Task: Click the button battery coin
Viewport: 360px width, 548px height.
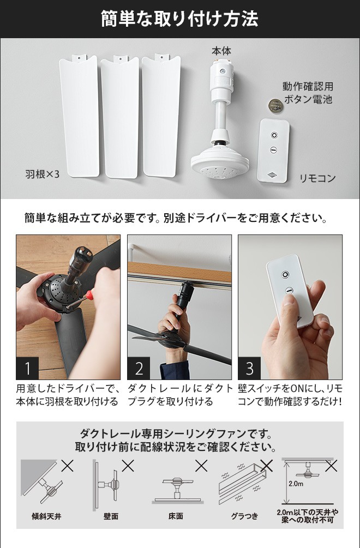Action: click(275, 106)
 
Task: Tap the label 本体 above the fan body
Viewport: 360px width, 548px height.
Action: click(221, 51)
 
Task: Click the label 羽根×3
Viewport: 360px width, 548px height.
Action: click(43, 174)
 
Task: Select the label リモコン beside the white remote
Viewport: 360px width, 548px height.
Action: click(317, 178)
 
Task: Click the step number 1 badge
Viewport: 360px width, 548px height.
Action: click(27, 369)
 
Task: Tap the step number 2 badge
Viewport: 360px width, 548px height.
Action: click(139, 369)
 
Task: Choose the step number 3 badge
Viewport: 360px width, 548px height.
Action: click(250, 369)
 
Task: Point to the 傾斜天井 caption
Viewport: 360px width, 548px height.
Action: click(46, 516)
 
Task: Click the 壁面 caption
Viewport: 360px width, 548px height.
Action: click(111, 516)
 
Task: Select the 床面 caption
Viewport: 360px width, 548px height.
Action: click(176, 516)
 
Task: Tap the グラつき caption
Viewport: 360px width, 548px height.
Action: click(244, 516)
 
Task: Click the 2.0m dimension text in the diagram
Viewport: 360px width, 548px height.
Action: click(296, 484)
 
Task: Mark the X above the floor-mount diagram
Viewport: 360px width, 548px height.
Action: click(201, 466)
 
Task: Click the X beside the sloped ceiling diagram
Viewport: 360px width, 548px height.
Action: click(68, 466)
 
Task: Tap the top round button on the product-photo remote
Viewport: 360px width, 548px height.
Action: click(274, 135)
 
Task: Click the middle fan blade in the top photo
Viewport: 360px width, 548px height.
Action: click(120, 117)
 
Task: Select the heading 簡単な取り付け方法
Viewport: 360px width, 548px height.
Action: click(179, 19)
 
